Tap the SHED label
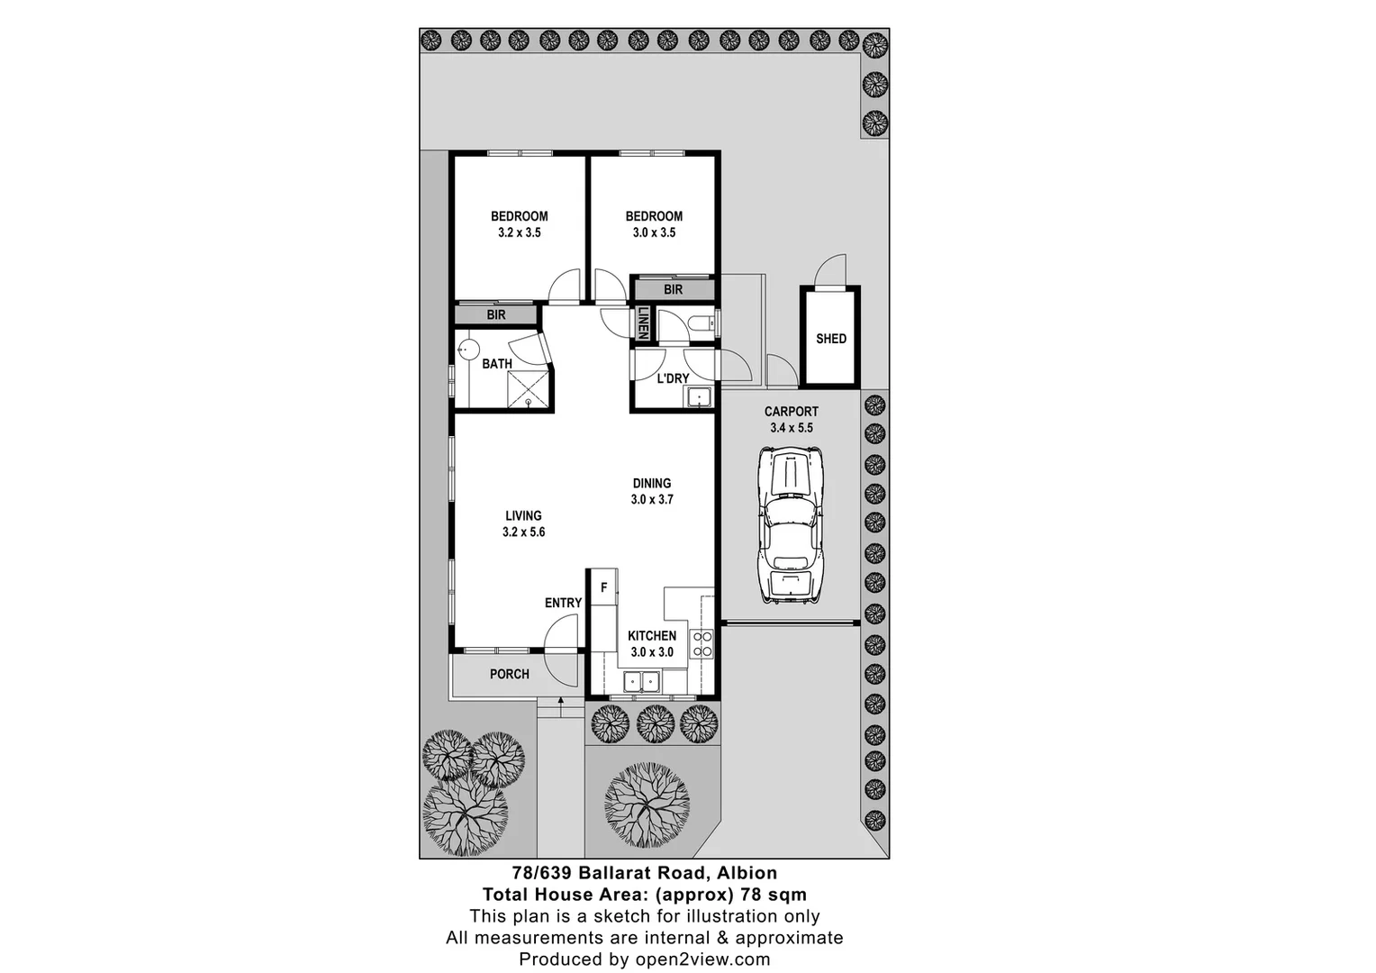point(831,339)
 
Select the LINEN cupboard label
point(644,323)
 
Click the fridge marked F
point(604,587)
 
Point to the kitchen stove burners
point(702,644)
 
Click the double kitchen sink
point(640,681)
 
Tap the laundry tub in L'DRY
point(699,396)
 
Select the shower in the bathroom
point(528,388)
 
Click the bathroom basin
point(467,350)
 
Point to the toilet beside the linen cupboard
point(699,323)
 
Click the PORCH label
point(510,674)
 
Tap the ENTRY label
point(564,603)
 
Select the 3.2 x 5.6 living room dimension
point(523,532)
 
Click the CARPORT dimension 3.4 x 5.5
point(792,428)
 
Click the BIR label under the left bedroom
point(496,314)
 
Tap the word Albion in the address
point(748,872)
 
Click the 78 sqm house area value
point(774,895)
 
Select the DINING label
point(651,483)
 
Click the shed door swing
point(831,269)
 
